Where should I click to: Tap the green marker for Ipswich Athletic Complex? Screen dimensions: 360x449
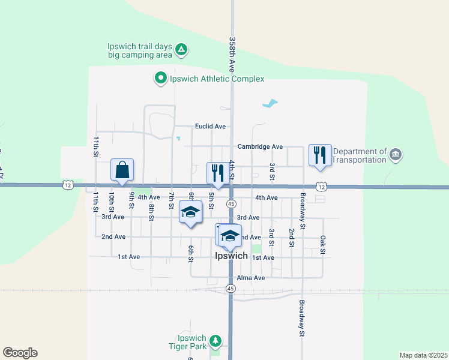coord(160,79)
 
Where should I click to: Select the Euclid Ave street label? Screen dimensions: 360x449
coord(210,127)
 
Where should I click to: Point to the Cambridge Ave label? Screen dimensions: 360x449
coord(260,146)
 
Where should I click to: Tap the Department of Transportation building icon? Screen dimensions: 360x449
coord(395,155)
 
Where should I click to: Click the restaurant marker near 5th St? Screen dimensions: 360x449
coord(217,173)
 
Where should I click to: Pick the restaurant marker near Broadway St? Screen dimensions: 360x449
coord(319,155)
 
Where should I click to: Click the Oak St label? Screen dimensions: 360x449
coord(322,244)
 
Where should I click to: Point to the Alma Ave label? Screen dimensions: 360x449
coord(251,278)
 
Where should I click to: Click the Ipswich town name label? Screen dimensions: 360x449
coord(231,256)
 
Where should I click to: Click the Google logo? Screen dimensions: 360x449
coord(20,353)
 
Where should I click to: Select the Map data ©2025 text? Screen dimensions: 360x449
coord(423,355)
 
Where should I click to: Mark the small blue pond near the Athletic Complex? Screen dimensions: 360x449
coord(270,103)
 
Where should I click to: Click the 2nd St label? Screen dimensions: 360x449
coord(291,238)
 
